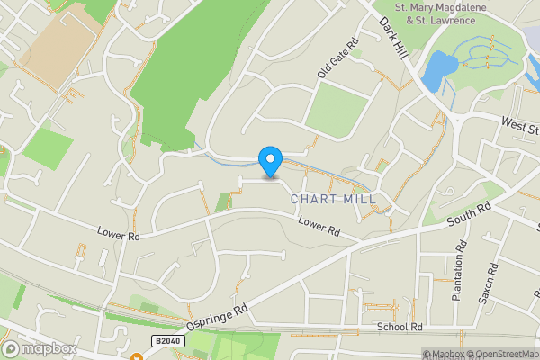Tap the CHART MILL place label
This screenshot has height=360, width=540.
pos(332,199)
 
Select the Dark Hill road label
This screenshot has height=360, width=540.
pos(395,37)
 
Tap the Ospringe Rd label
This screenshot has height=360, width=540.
pos(217,314)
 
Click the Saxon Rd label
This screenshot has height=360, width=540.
pos(493,283)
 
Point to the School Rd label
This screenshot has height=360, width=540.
pos(400,328)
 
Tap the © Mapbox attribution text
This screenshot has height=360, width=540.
pos(444,354)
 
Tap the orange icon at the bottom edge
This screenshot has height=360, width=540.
pos(137,356)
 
